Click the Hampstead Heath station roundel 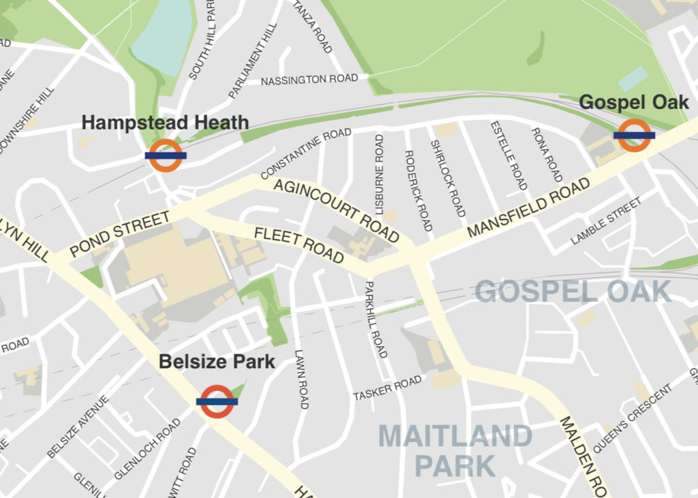pyautogui.click(x=166, y=155)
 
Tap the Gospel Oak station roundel pyautogui.click(x=634, y=135)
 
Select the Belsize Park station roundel pyautogui.click(x=217, y=401)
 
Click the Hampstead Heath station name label pyautogui.click(x=165, y=123)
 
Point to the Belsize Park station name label pyautogui.click(x=217, y=361)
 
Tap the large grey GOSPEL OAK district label pyautogui.click(x=573, y=292)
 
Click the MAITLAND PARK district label pyautogui.click(x=455, y=450)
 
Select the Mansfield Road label pyautogui.click(x=529, y=208)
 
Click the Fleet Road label pyautogui.click(x=299, y=245)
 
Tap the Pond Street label pyautogui.click(x=119, y=234)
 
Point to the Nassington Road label pyautogui.click(x=309, y=80)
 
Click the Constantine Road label pyautogui.click(x=306, y=153)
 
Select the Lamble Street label pyautogui.click(x=606, y=221)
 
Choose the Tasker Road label pyautogui.click(x=387, y=389)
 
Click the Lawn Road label pyautogui.click(x=301, y=379)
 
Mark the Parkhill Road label pyautogui.click(x=377, y=319)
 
